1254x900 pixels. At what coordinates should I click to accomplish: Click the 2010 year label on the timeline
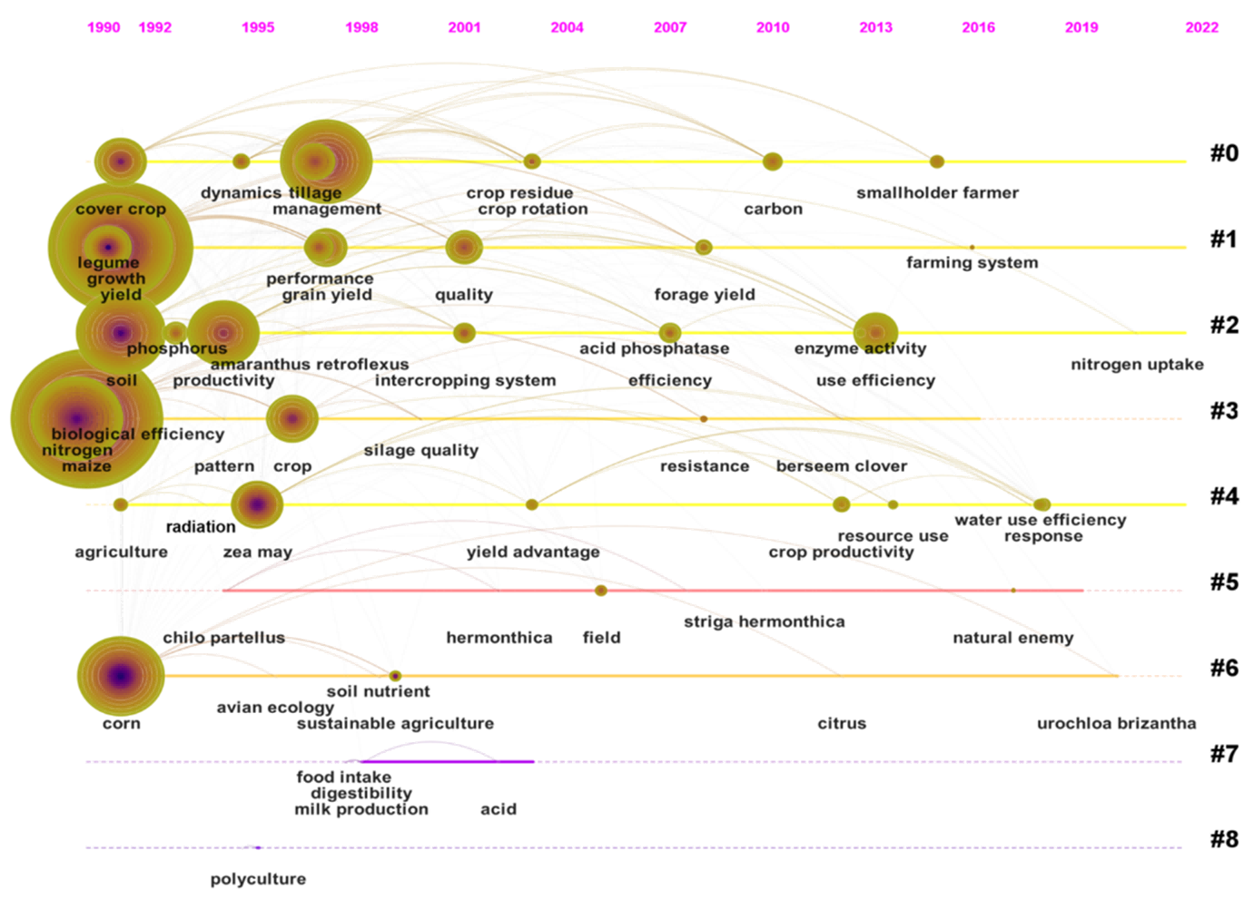point(773,27)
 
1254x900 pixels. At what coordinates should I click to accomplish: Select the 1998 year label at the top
point(361,27)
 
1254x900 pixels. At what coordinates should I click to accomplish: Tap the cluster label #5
point(1223,582)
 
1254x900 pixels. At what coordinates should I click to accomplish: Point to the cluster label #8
point(1223,839)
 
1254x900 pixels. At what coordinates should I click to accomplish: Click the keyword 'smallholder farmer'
point(937,192)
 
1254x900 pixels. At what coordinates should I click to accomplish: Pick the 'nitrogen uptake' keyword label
point(1137,365)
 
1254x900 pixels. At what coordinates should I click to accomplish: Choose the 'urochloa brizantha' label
point(1116,723)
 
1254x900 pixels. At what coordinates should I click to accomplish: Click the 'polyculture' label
point(258,879)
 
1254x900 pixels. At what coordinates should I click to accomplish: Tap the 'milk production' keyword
point(361,809)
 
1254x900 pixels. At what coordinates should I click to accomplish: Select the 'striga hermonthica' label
point(764,621)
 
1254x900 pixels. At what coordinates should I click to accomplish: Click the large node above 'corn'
point(121,676)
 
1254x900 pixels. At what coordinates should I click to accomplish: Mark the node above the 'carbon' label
point(772,161)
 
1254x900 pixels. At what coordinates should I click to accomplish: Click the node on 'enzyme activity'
point(875,333)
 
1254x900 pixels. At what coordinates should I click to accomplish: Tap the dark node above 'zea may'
point(257,504)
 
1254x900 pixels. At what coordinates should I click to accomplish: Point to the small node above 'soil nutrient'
point(395,676)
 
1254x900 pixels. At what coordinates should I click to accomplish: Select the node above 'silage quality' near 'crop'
point(291,418)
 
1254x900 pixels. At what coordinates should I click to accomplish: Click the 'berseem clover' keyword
point(841,466)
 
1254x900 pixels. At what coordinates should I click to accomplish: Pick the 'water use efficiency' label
point(1040,520)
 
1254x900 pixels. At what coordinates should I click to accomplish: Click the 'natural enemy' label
point(1012,638)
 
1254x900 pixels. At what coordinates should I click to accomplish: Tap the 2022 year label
point(1201,27)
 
